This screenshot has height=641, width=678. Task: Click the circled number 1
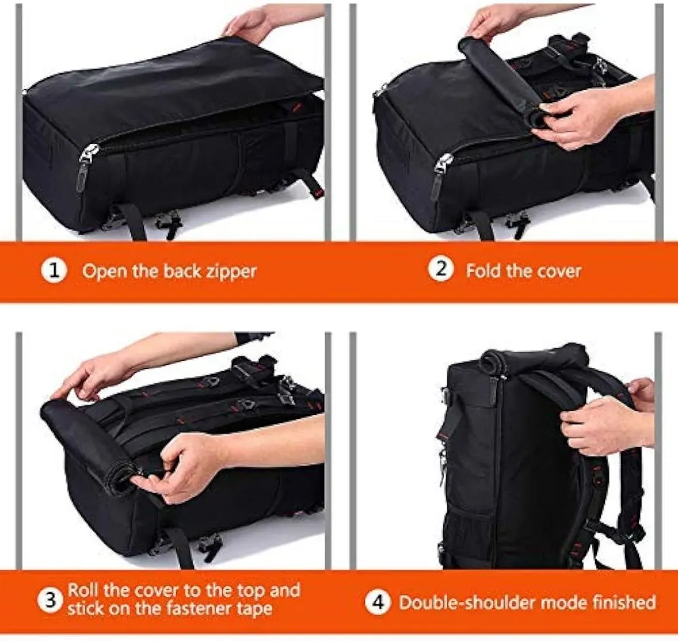tap(54, 272)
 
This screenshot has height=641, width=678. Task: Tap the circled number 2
tap(441, 270)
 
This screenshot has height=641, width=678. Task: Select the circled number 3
tap(51, 600)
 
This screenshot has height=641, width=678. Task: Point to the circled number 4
tap(378, 602)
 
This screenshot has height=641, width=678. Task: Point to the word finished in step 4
tap(624, 601)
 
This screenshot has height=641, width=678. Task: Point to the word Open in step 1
tap(103, 272)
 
